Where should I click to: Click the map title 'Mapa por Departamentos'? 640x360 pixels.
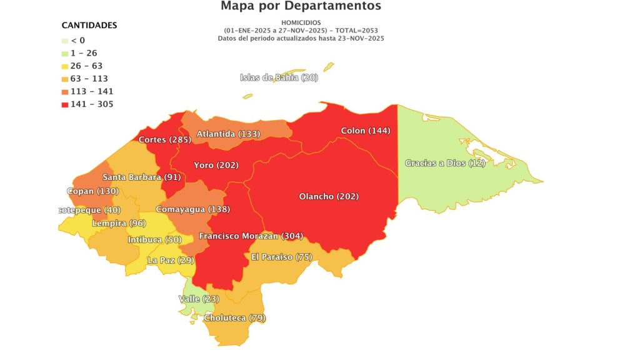pos(301,7)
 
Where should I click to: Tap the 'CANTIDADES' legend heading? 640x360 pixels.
pos(89,26)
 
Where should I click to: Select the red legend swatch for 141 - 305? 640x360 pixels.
pos(65,104)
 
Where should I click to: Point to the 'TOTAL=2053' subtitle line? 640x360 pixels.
pos(301,30)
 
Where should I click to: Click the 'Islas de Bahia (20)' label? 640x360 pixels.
pos(279,77)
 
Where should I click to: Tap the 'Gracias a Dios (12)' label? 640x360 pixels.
pos(445,163)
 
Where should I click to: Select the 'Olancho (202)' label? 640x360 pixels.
pos(329,197)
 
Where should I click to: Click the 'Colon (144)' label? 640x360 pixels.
pos(365,131)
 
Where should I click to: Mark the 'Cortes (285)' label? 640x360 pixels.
pos(165,139)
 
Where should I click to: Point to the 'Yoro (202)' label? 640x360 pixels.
pos(216,166)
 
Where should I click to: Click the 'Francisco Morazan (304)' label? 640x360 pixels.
pos(251,236)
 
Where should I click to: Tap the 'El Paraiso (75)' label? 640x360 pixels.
pos(281,257)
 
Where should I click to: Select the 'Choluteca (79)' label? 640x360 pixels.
pos(235,318)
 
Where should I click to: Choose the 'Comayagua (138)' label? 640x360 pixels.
pos(189,209)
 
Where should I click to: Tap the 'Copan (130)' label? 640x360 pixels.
pos(92,191)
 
